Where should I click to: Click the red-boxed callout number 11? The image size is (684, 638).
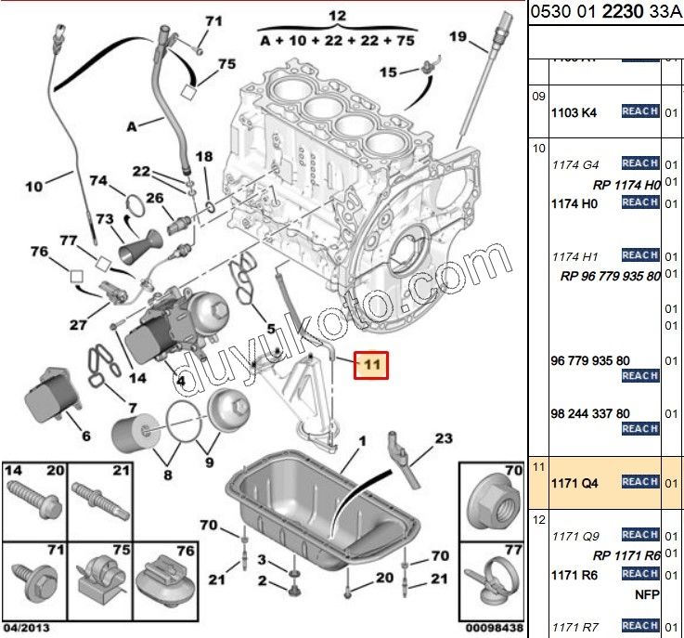[x=371, y=365]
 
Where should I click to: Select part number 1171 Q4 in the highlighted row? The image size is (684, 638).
[x=575, y=483]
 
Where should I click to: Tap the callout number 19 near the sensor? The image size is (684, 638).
[x=457, y=37]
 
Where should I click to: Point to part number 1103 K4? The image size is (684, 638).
[x=574, y=113]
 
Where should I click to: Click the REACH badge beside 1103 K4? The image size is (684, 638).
[x=639, y=112]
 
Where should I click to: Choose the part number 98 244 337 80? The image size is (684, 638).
[x=590, y=413]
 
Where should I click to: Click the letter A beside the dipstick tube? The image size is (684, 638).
[x=132, y=125]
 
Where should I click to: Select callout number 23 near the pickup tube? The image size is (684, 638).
[x=443, y=437]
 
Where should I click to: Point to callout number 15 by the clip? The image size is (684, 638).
[x=387, y=72]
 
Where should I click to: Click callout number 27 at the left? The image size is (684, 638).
[x=78, y=325]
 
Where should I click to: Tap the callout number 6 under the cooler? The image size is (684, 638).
[x=85, y=436]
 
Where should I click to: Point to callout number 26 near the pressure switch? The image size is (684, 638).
[x=154, y=198]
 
